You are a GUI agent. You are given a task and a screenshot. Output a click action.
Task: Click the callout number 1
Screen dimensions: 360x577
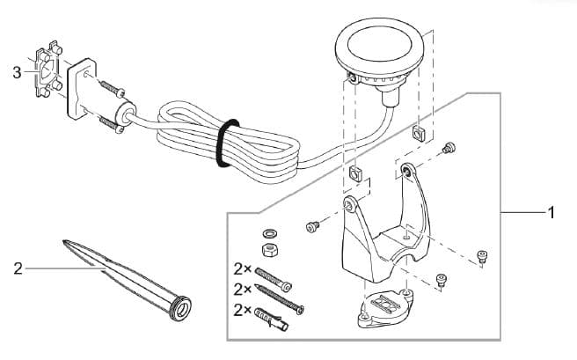[x=551, y=212]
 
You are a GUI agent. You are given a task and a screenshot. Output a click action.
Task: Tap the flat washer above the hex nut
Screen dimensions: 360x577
[x=269, y=234]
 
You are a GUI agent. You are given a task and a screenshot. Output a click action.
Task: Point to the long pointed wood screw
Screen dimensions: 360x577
[x=281, y=298]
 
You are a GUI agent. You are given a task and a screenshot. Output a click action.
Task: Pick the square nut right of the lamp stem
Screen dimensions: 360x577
[x=417, y=135]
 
